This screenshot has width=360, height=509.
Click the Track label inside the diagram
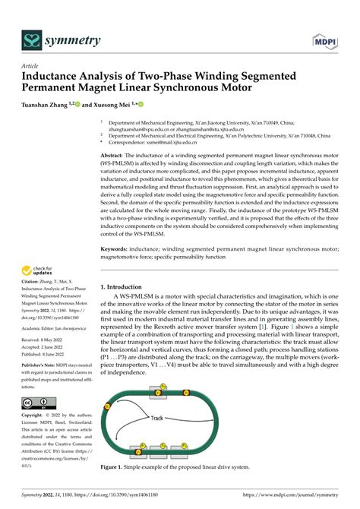coord(157,418)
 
